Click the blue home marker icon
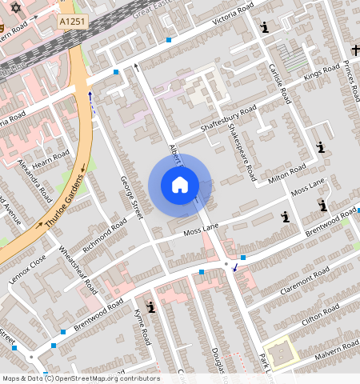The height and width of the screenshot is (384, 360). tap(180, 186)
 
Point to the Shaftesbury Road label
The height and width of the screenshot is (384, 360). tap(227, 120)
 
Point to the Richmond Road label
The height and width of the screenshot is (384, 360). tap(104, 233)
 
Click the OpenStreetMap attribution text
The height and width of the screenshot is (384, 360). tap(80, 378)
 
